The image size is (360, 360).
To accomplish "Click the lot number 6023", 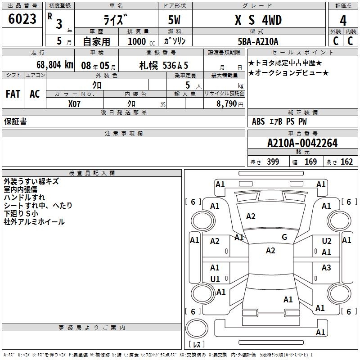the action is pyautogui.click(x=22, y=19).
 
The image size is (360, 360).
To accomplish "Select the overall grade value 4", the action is pyautogui.click(x=343, y=21).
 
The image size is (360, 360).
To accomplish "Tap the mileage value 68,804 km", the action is pyautogui.click(x=55, y=65).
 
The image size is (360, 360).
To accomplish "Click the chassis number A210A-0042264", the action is pyautogui.click(x=302, y=143).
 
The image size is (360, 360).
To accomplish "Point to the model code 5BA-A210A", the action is pyautogui.click(x=258, y=41).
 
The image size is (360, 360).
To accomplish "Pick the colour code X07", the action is pyautogui.click(x=74, y=104).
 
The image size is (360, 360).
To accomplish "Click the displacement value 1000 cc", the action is pyautogui.click(x=141, y=41).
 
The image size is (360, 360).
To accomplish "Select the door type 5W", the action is pyautogui.click(x=174, y=20).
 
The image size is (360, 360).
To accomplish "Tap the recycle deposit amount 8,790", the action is pyautogui.click(x=226, y=104).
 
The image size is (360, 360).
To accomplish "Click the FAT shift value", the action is pyautogui.click(x=13, y=94).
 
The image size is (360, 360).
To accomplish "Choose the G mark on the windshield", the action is pyautogui.click(x=284, y=237).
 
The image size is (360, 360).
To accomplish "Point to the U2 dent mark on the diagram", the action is pyautogui.click(x=327, y=241).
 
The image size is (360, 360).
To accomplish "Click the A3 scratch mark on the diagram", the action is pyautogui.click(x=326, y=267).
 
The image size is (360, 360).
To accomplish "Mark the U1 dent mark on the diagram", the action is pyautogui.click(x=215, y=279).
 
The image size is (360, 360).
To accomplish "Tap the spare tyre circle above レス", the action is pyautogui.click(x=197, y=328).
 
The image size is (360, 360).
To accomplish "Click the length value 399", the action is pyautogui.click(x=273, y=162).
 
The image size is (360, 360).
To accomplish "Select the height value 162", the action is pyautogui.click(x=346, y=162).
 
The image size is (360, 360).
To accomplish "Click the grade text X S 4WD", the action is pyautogui.click(x=258, y=20).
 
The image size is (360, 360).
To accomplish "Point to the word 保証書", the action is pyautogui.click(x=15, y=121).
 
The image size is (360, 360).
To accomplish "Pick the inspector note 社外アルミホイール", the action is pyautogui.click(x=34, y=222).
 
